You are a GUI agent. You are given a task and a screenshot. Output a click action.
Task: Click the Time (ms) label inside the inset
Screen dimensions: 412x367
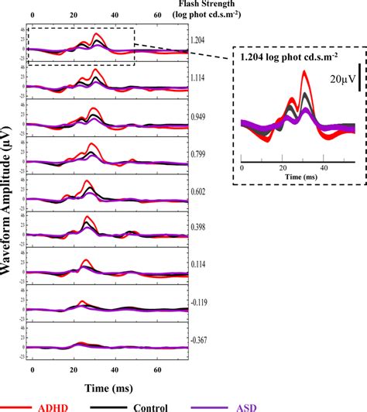click(262, 177)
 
